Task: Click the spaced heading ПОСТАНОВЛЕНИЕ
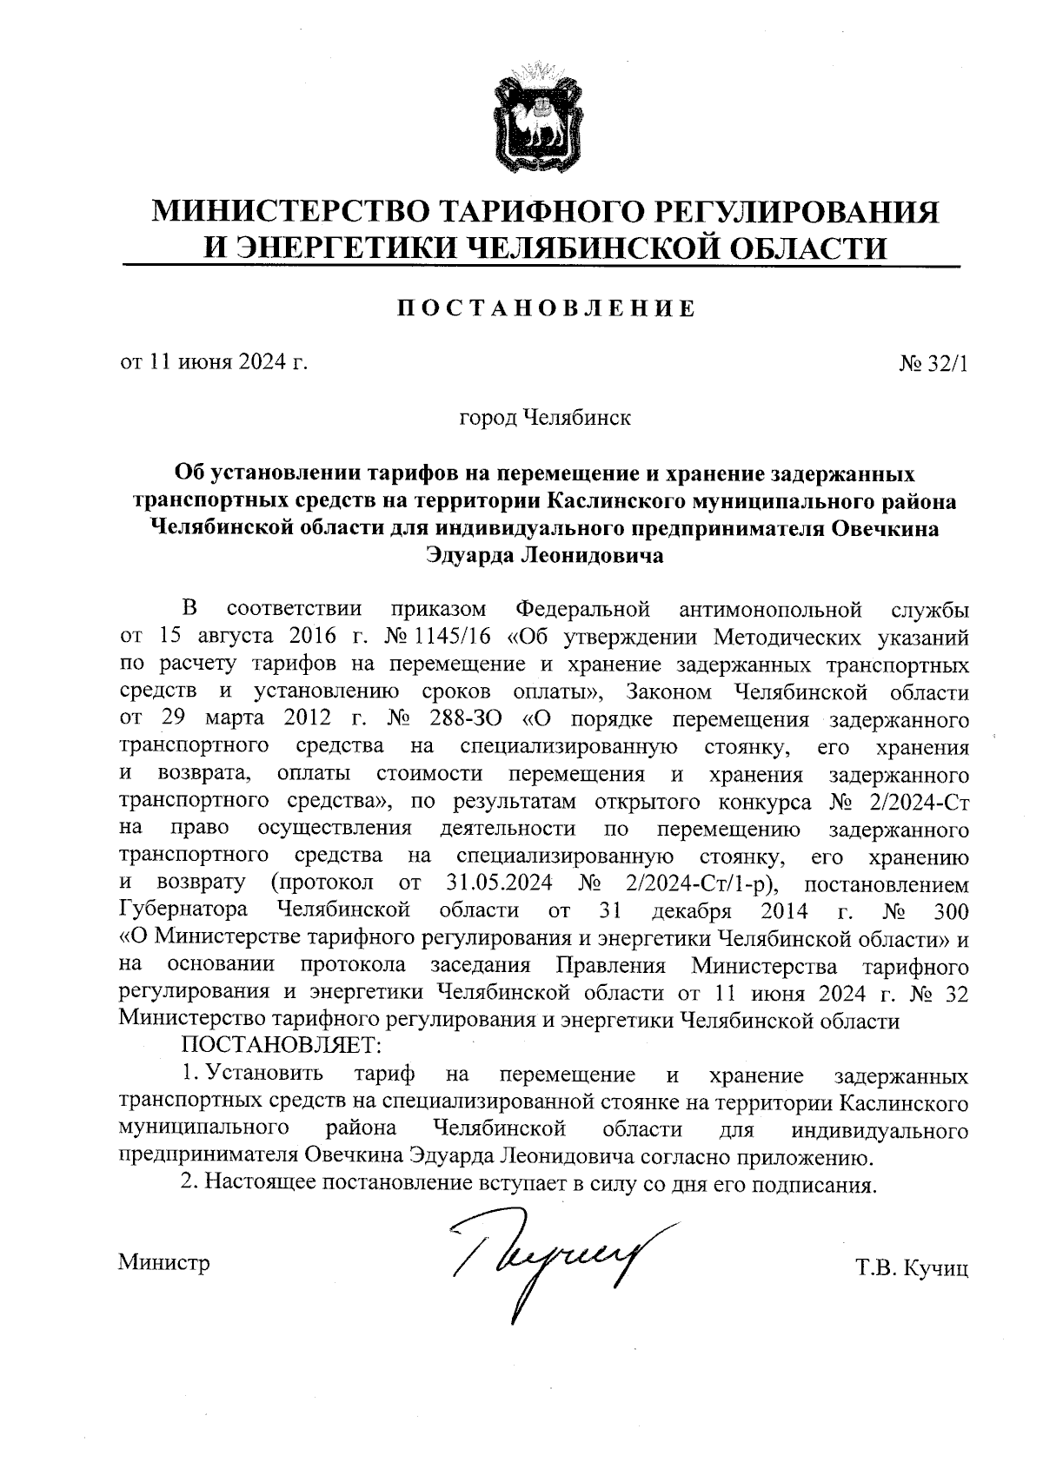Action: point(545,308)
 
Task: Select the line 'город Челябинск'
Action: point(545,418)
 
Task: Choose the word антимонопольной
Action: point(771,607)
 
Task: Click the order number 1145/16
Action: point(455,637)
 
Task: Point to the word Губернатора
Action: point(183,912)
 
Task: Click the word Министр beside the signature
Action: point(164,1262)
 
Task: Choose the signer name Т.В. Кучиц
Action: point(912,1268)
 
